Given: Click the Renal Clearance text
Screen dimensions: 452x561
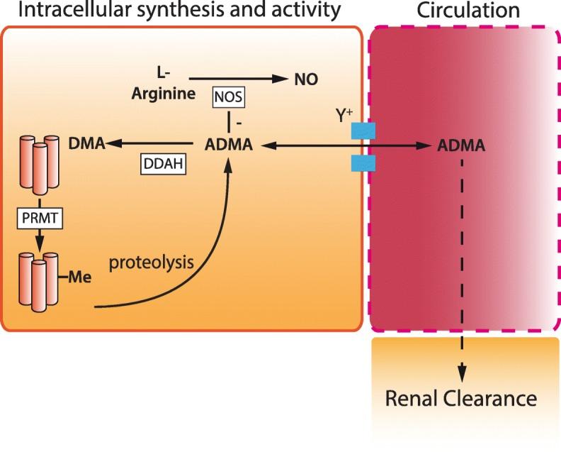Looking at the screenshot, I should pyautogui.click(x=460, y=399).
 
